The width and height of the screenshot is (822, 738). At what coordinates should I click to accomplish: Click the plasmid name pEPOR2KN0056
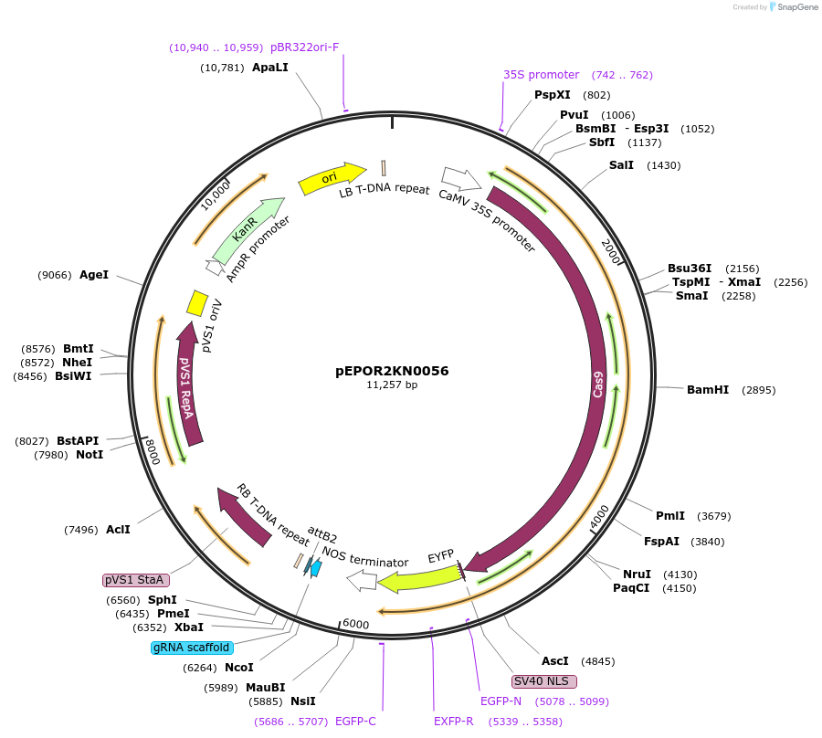pos(392,371)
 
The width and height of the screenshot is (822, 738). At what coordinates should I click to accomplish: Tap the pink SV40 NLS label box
pos(544,681)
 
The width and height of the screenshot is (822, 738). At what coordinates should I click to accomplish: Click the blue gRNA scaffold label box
pos(192,648)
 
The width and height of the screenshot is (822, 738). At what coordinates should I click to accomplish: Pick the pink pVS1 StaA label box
pos(135,580)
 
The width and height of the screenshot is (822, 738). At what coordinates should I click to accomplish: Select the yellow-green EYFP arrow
pos(420,577)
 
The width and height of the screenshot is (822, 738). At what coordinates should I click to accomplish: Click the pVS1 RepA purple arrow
pos(186,388)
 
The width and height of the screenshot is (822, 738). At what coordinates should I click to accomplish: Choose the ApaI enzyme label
pos(269,68)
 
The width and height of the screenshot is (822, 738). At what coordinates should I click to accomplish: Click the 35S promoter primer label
pos(541,75)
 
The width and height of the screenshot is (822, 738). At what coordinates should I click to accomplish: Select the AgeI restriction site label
pos(94,274)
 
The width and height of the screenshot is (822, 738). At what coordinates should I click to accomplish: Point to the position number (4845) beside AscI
pos(598,661)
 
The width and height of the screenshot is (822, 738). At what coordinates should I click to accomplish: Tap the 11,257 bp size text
pos(392,385)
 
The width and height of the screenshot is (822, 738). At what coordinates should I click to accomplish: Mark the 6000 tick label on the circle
pos(355,624)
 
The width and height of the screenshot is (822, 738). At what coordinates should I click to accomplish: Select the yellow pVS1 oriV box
pos(196,303)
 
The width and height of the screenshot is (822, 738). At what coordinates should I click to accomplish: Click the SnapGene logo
pos(793,7)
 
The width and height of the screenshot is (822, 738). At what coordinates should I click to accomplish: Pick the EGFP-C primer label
pos(355,722)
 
